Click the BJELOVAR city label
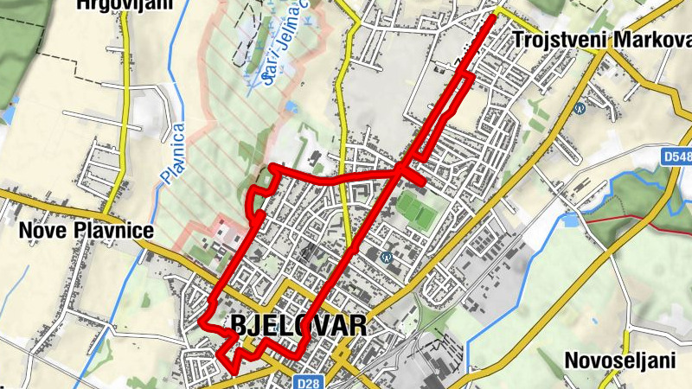click(x=298, y=326)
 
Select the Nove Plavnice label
click(x=86, y=231)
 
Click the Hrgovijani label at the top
click(x=124, y=4)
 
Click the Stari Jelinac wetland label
click(x=285, y=43)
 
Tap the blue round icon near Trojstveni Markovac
click(x=581, y=109)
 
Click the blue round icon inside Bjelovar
click(x=386, y=257)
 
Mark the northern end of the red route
click(x=494, y=16)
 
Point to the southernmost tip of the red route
click(x=234, y=371)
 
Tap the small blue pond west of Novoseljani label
click(x=569, y=220)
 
